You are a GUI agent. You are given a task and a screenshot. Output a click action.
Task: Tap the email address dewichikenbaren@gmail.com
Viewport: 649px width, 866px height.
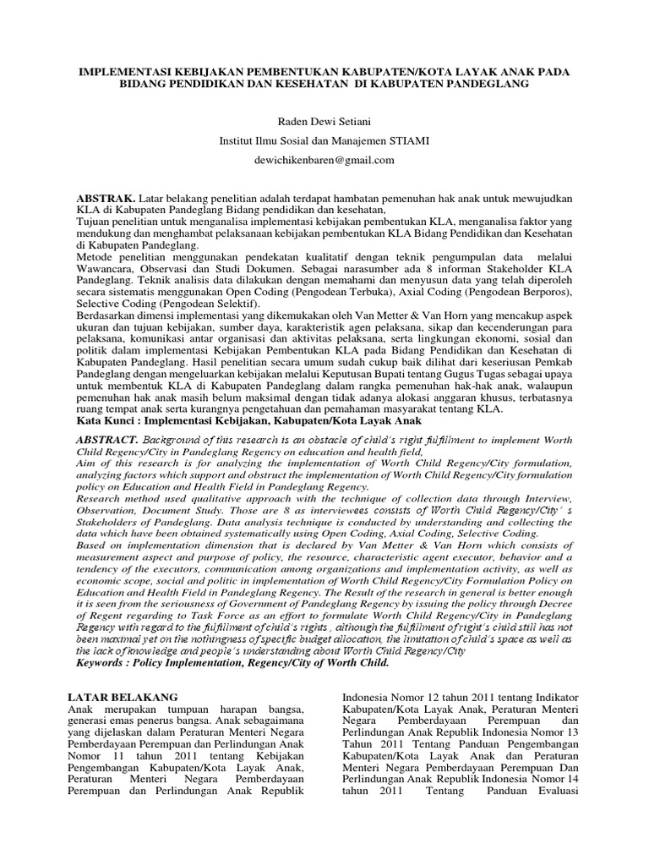[x=324, y=159]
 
